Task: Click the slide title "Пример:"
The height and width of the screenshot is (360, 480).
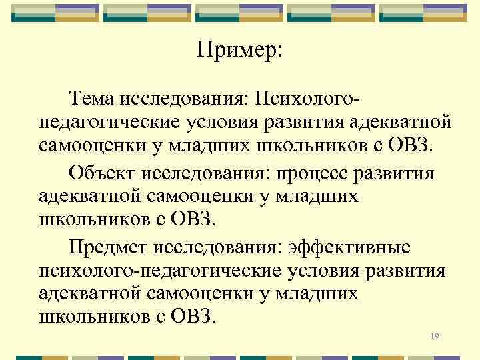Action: click(x=240, y=51)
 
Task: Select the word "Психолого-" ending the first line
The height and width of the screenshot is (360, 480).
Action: click(x=305, y=99)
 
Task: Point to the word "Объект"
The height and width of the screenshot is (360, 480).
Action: click(x=102, y=174)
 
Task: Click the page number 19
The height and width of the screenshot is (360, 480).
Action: click(x=435, y=337)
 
